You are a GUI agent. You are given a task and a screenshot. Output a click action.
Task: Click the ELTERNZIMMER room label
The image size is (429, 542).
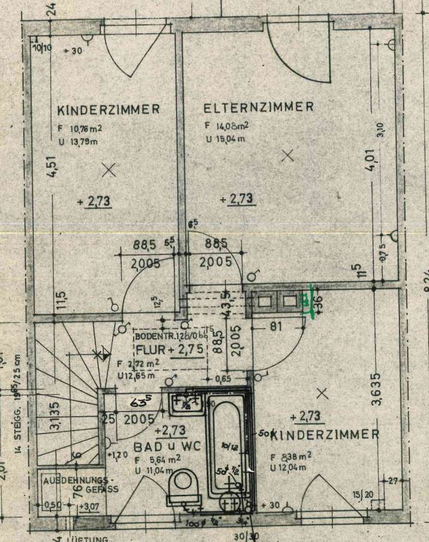tap(259, 107)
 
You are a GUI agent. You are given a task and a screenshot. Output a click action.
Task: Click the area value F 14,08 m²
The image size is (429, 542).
tap(226, 126)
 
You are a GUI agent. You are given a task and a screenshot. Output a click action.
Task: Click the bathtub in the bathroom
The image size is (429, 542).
tap(229, 441)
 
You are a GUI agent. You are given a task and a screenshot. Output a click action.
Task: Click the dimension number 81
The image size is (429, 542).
tap(276, 327)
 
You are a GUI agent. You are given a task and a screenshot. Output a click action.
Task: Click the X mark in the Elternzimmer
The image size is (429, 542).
tap(288, 156)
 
